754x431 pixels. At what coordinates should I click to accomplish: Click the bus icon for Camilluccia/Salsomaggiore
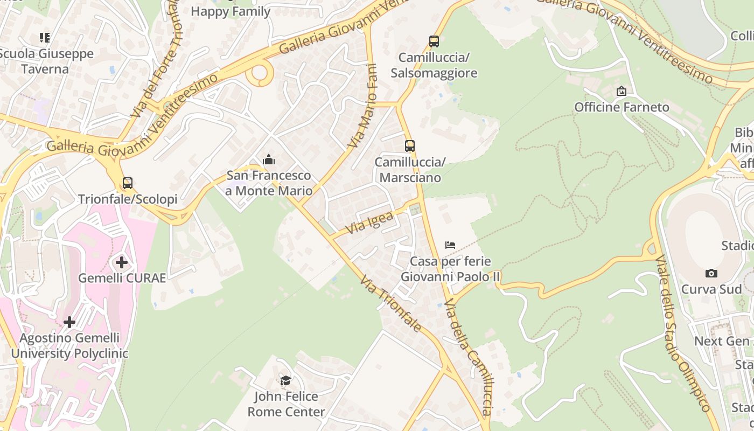pyautogui.click(x=434, y=41)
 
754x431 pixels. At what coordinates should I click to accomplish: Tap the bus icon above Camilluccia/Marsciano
pyautogui.click(x=410, y=146)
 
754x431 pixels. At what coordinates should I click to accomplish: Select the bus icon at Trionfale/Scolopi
pyautogui.click(x=128, y=183)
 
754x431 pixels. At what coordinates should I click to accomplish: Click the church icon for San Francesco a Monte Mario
pyautogui.click(x=268, y=159)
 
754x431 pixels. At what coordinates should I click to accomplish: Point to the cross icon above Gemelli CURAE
pyautogui.click(x=122, y=262)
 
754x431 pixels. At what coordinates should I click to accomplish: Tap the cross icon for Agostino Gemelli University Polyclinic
pyautogui.click(x=69, y=322)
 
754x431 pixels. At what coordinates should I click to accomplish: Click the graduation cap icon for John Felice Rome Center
pyautogui.click(x=285, y=380)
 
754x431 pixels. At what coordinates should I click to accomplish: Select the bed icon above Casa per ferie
pyautogui.click(x=450, y=245)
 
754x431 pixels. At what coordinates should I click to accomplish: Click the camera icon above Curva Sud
pyautogui.click(x=711, y=273)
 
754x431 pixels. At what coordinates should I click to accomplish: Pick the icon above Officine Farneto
pyautogui.click(x=622, y=91)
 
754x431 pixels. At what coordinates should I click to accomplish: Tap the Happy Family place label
pyautogui.click(x=231, y=11)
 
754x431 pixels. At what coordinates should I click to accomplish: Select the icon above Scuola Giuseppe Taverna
pyautogui.click(x=45, y=37)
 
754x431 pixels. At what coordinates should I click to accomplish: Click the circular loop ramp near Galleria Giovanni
pyautogui.click(x=261, y=74)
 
